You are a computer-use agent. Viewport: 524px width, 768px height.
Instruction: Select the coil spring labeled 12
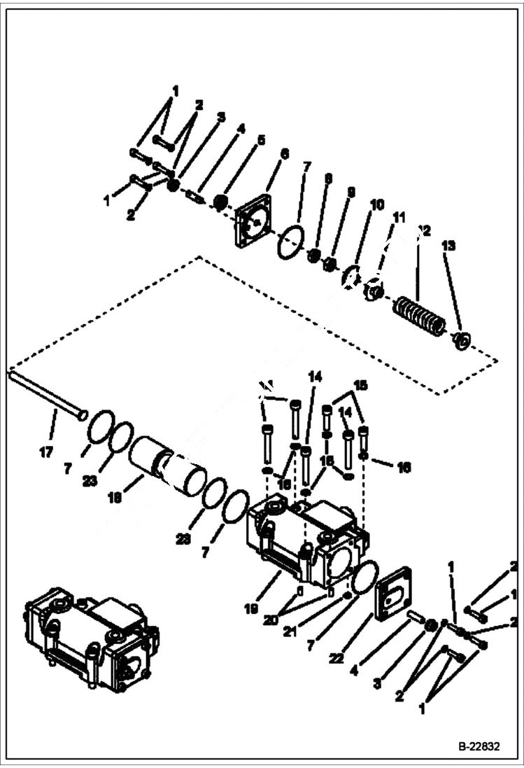[418, 316]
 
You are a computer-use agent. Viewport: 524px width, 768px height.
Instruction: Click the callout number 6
[284, 153]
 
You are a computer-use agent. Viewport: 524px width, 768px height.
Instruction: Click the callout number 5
[260, 140]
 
